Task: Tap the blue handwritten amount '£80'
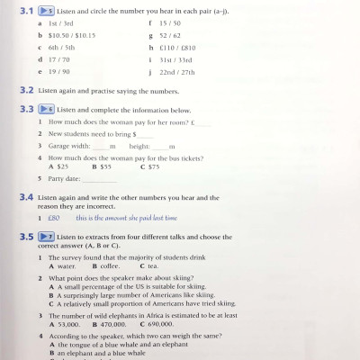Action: [53, 218]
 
